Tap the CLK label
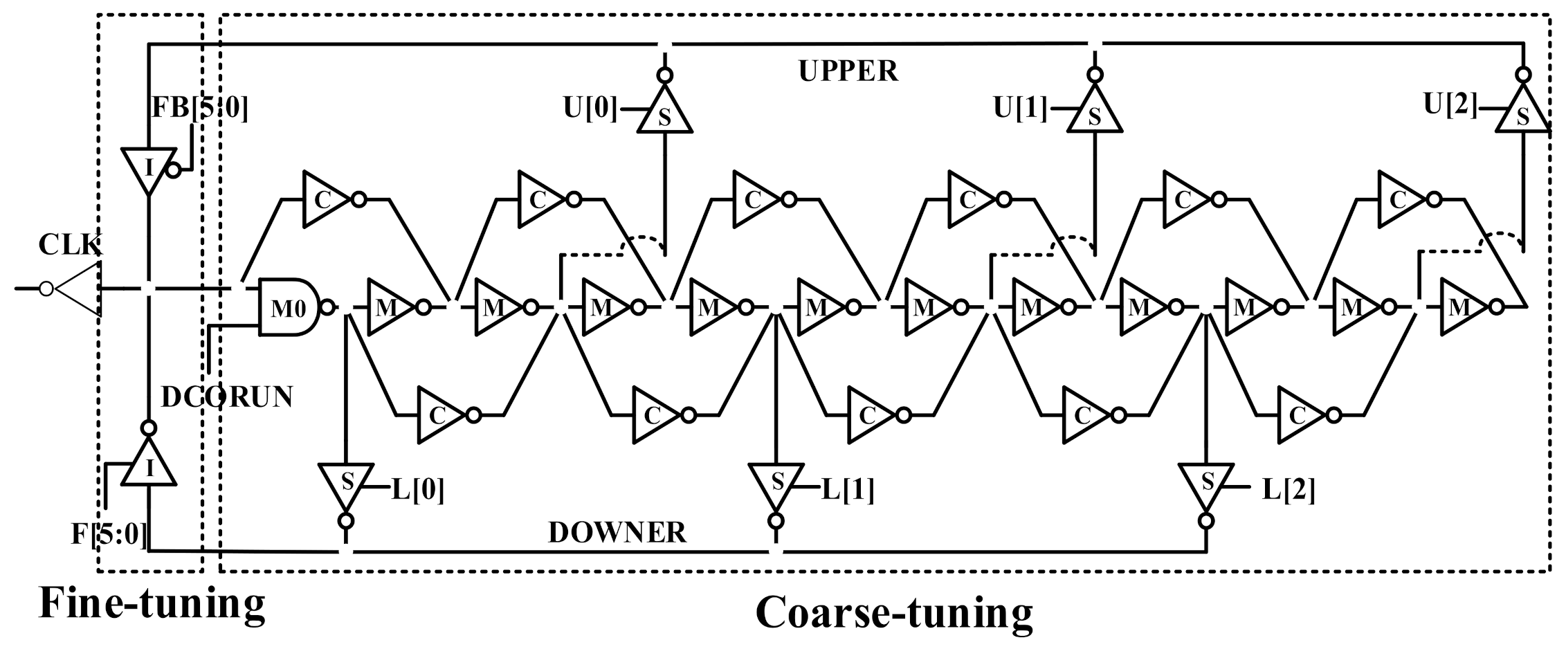pos(70,244)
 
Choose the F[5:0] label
pos(110,534)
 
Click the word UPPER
pos(848,71)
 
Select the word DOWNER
pos(617,533)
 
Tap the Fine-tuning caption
pos(152,603)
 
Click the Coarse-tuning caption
pos(894,614)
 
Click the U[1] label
pos(1021,109)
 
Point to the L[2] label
pos(1289,490)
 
